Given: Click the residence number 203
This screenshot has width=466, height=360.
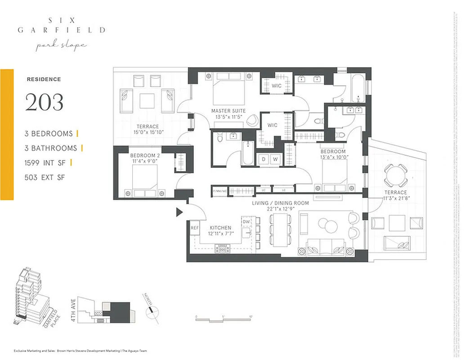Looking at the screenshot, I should point(44,102).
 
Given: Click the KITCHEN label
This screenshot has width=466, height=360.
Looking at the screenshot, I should point(220,228).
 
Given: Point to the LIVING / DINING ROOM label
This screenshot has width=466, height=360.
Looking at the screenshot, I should point(280,203).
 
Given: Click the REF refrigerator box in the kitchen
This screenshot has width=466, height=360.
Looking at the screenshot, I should point(194,228).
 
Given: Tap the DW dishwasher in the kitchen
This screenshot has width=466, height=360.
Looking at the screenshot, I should point(246,222).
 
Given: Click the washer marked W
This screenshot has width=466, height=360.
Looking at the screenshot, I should point(275,159).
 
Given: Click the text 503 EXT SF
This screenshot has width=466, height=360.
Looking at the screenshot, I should point(45,178).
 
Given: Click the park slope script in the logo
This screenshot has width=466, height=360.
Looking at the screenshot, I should point(62,46).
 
